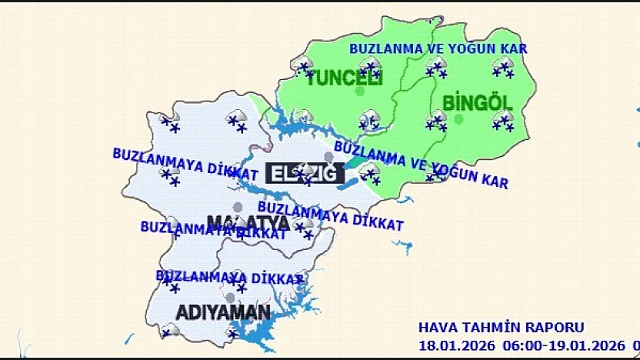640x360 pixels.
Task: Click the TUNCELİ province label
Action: click(x=344, y=78)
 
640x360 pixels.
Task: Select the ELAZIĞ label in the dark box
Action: click(x=303, y=173)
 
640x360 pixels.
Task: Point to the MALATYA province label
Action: click(x=248, y=223)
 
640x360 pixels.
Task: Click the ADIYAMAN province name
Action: click(x=223, y=312)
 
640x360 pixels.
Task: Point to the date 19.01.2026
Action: click(x=589, y=345)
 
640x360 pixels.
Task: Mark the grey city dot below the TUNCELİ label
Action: click(x=359, y=92)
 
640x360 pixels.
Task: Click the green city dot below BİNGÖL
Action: click(x=459, y=118)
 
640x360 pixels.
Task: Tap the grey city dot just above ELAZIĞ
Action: click(x=329, y=157)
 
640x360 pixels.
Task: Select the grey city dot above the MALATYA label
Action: click(x=238, y=207)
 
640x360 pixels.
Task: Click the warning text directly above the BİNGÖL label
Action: click(x=438, y=48)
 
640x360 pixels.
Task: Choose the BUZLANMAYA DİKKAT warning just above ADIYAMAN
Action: click(x=229, y=277)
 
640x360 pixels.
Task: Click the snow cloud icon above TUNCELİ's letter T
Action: click(x=305, y=67)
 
